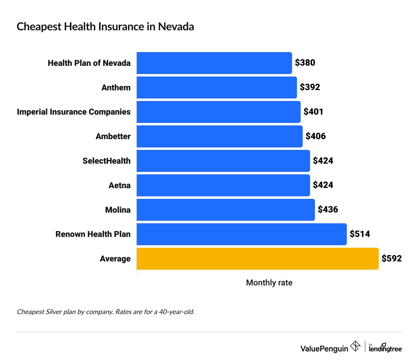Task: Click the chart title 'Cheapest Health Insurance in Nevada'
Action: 105,27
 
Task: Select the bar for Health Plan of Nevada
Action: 214,63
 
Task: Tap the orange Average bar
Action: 257,259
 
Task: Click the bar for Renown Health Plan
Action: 241,234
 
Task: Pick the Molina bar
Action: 225,210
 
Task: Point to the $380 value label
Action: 305,63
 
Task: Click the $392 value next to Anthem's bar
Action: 310,87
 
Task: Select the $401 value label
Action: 313,112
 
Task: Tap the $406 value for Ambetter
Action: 316,136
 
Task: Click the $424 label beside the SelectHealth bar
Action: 323,161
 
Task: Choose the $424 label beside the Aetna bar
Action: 323,185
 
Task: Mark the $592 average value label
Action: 391,258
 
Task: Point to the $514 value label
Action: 360,234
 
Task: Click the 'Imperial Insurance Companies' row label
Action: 74,112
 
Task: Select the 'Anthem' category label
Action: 116,88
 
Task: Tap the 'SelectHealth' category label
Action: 106,161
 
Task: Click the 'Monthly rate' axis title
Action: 269,283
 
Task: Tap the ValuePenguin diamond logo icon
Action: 355,346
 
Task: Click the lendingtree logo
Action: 385,348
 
